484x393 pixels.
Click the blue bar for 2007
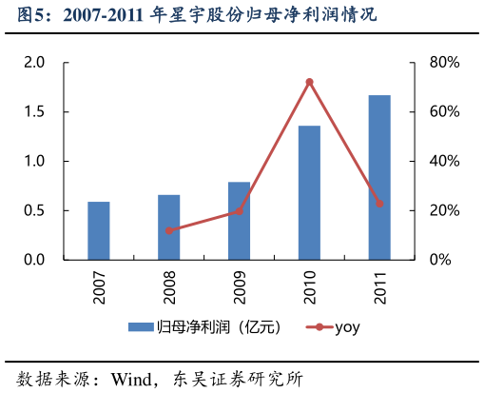pyautogui.click(x=99, y=230)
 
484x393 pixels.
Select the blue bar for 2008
pyautogui.click(x=169, y=226)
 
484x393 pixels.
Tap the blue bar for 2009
pyautogui.click(x=240, y=221)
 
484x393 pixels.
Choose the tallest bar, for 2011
pyautogui.click(x=379, y=177)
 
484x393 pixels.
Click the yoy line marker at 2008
pyautogui.click(x=169, y=230)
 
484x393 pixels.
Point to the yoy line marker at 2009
pyautogui.click(x=240, y=211)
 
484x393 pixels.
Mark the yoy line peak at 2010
pyautogui.click(x=309, y=82)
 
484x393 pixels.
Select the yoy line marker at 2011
pyautogui.click(x=379, y=203)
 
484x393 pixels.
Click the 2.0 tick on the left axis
pyautogui.click(x=35, y=63)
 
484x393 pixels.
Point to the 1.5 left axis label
pyautogui.click(x=35, y=112)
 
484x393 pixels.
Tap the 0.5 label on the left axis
pyautogui.click(x=35, y=210)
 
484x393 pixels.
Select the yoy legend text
pyautogui.click(x=347, y=328)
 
